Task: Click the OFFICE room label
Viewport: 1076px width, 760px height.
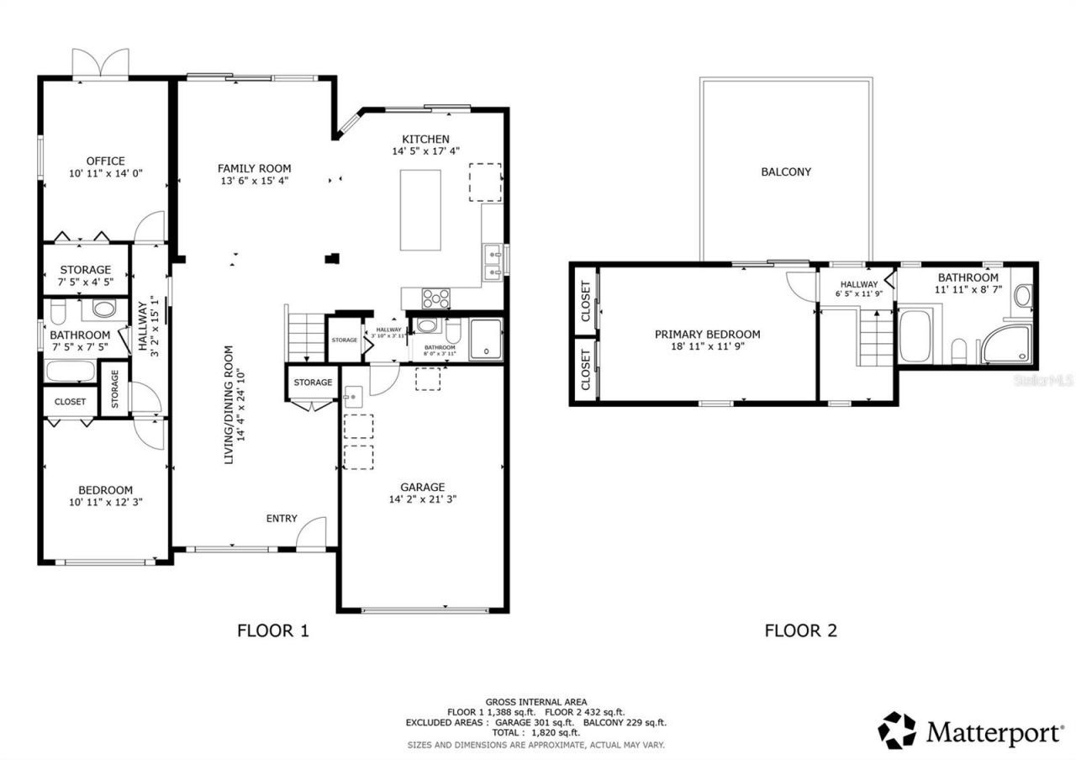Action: pyautogui.click(x=105, y=161)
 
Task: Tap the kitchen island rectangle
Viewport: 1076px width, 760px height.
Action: pyautogui.click(x=421, y=209)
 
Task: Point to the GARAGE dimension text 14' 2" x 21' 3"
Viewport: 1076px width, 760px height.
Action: pyautogui.click(x=422, y=499)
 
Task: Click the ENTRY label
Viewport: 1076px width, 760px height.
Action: pyautogui.click(x=282, y=518)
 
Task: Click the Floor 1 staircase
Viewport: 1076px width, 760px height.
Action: pyautogui.click(x=306, y=335)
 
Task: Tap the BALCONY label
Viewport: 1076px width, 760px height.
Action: pyautogui.click(x=786, y=172)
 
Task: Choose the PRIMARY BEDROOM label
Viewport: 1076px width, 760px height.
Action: pyautogui.click(x=707, y=334)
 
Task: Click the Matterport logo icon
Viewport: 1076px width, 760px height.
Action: pyautogui.click(x=898, y=731)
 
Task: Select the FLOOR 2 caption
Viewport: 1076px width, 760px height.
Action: pyautogui.click(x=800, y=630)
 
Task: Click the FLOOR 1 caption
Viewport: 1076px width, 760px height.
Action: pyautogui.click(x=273, y=630)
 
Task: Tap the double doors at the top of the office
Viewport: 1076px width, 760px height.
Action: pyautogui.click(x=101, y=64)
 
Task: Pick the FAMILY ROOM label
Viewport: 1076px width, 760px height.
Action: pyautogui.click(x=254, y=168)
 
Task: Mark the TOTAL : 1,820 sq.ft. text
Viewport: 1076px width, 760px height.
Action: pyautogui.click(x=535, y=733)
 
